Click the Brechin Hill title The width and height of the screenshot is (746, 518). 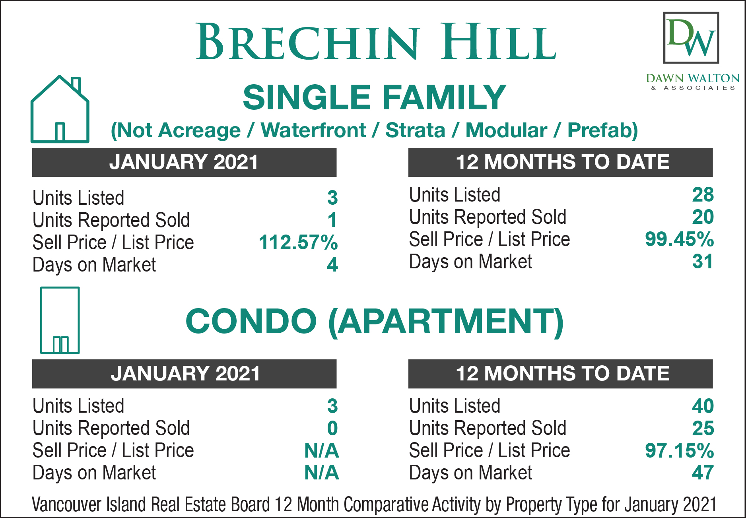(x=376, y=41)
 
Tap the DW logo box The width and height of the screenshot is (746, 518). (x=691, y=38)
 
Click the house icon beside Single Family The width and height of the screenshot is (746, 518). (x=60, y=109)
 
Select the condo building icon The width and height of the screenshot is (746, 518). (x=60, y=320)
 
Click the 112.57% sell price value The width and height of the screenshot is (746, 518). (x=298, y=242)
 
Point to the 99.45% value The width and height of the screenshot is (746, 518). (x=680, y=239)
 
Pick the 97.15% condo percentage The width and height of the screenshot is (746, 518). (x=680, y=450)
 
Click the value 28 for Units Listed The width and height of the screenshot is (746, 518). (x=703, y=194)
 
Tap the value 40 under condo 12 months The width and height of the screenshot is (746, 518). (x=703, y=406)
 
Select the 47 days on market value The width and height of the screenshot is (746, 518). (x=703, y=473)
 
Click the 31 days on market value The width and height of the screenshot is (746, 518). (x=703, y=261)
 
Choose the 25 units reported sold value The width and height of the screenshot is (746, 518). (x=703, y=428)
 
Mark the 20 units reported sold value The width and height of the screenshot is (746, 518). (x=703, y=217)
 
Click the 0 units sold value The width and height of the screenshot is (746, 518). (x=332, y=428)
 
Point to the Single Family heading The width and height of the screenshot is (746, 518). (x=374, y=97)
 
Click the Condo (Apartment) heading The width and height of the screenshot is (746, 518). (x=375, y=321)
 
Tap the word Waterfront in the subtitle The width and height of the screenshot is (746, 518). (x=313, y=130)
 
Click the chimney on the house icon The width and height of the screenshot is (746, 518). (x=76, y=85)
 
